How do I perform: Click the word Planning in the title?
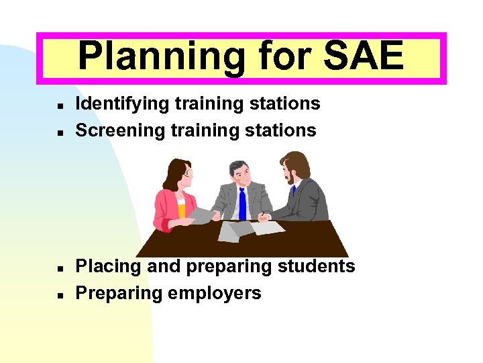point(162,56)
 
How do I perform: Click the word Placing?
point(108,267)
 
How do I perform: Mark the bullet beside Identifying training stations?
point(60,106)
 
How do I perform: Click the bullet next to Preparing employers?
point(60,295)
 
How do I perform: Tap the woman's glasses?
point(187,174)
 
